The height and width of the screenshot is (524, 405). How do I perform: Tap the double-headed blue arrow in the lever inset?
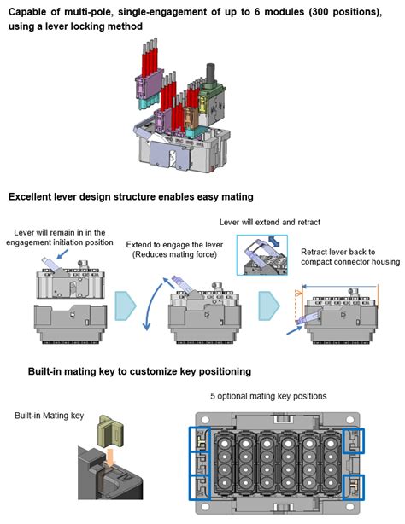point(273,242)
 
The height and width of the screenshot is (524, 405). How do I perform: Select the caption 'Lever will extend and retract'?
point(270,222)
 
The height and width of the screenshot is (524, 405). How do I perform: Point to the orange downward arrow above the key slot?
point(109,457)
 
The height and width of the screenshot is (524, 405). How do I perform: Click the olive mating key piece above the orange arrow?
point(110,431)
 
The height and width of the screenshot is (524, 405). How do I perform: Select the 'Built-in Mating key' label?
point(50,416)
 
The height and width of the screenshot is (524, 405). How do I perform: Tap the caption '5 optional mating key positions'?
point(268,396)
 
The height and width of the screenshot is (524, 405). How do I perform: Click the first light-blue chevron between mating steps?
point(126,306)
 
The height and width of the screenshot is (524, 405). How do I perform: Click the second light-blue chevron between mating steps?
point(269,306)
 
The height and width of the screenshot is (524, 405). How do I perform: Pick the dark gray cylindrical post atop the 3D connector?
point(211,73)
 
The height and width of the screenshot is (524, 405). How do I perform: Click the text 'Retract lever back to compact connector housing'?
point(350,257)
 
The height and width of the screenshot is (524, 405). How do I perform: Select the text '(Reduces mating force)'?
point(174,254)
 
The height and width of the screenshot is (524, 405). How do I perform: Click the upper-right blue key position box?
point(354,440)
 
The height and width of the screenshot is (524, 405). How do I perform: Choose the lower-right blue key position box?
point(354,487)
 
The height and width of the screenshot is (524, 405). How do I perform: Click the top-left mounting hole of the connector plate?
point(205,420)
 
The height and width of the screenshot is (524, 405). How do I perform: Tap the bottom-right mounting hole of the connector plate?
point(350,507)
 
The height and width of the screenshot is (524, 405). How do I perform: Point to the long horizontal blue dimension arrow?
point(340,287)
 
